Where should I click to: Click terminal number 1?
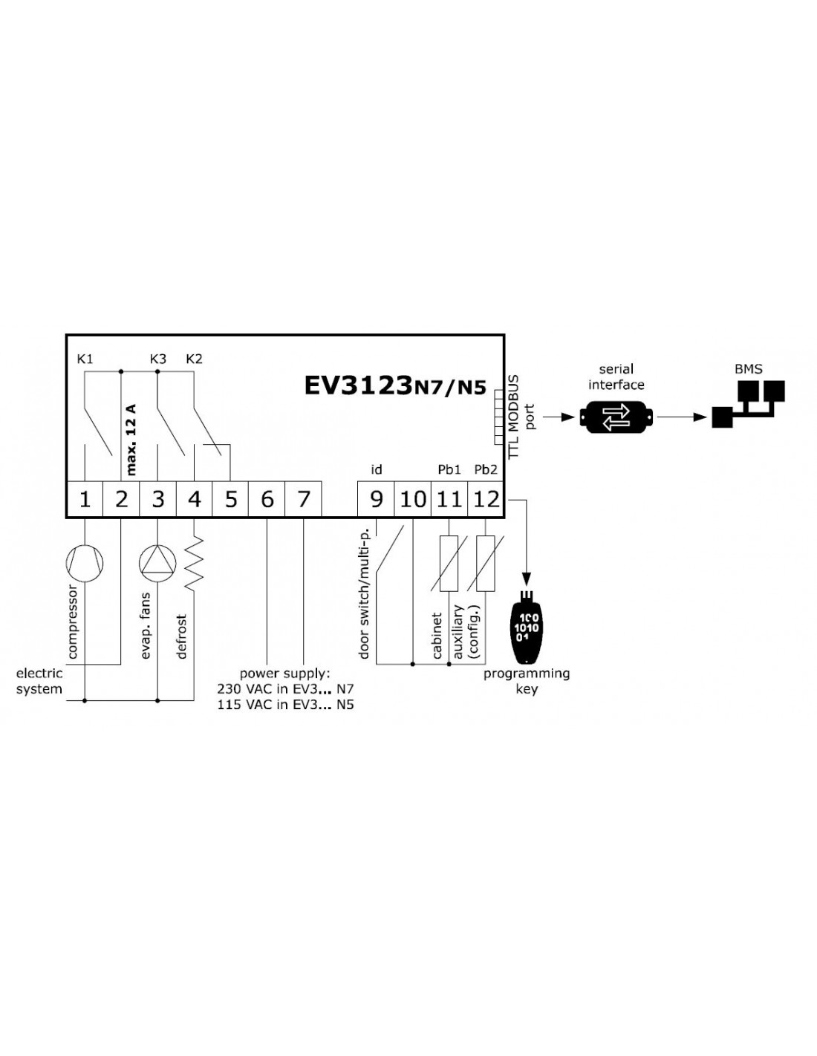coord(85,498)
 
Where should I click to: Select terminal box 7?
coord(303,498)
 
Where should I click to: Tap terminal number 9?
coord(376,498)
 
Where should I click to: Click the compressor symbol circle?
coord(85,563)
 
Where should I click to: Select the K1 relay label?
coord(85,359)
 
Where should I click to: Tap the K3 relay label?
coord(158,359)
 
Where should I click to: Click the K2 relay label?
coord(194,359)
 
